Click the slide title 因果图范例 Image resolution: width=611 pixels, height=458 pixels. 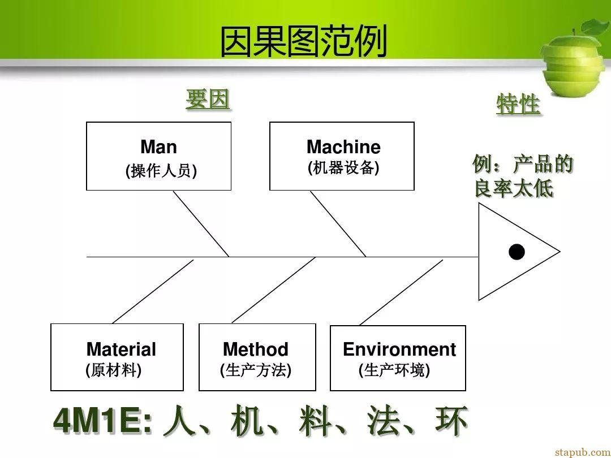click(x=304, y=41)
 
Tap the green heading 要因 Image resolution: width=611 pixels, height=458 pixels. click(x=207, y=100)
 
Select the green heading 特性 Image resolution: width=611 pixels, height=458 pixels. click(x=518, y=104)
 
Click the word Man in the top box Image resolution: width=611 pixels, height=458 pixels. click(x=158, y=147)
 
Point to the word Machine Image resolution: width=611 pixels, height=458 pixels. click(x=343, y=147)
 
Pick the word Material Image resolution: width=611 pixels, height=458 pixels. click(x=121, y=349)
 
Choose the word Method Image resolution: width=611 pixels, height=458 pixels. click(x=256, y=349)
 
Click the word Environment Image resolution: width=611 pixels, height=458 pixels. click(x=399, y=349)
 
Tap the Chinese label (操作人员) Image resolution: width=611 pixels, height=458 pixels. click(x=161, y=171)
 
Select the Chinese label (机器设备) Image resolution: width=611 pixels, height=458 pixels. click(x=343, y=168)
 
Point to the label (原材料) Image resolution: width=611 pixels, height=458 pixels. click(x=113, y=370)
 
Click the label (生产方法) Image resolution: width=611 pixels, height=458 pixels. click(x=256, y=370)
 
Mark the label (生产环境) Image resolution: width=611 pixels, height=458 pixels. click(x=394, y=370)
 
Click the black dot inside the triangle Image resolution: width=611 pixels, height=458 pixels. click(x=517, y=252)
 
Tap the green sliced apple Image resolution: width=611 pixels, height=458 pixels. click(x=575, y=58)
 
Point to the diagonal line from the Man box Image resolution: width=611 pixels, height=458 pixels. click(x=201, y=224)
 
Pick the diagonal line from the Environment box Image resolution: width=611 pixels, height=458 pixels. click(x=401, y=292)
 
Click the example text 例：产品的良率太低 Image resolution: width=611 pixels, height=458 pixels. click(x=523, y=176)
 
